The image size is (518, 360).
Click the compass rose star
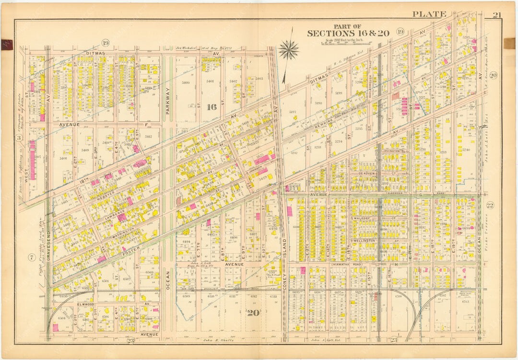click(289, 49)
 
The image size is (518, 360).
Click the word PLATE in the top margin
click(429, 14)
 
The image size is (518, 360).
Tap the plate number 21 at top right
click(496, 14)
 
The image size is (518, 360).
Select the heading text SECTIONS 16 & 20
click(348, 33)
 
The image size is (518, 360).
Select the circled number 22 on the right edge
click(490, 206)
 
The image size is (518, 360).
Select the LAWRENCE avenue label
click(115, 212)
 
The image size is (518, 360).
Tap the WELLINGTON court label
click(363, 240)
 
